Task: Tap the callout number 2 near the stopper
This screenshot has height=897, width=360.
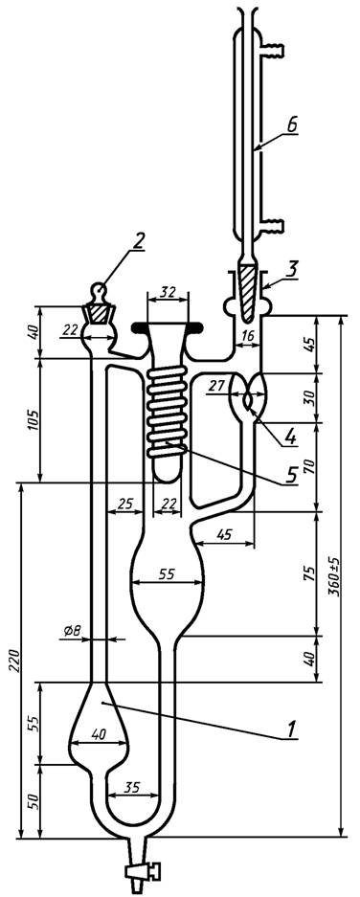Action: [138, 242]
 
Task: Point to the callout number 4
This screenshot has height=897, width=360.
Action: [290, 437]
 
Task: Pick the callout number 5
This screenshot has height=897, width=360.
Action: [292, 476]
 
